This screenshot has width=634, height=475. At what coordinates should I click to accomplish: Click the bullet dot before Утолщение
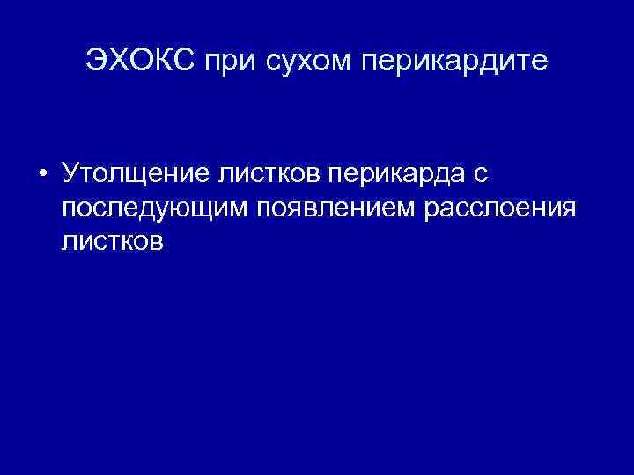[x=41, y=174]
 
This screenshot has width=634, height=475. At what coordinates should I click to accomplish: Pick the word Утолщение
[x=133, y=174]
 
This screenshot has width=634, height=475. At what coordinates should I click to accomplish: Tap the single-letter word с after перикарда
[x=480, y=174]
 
